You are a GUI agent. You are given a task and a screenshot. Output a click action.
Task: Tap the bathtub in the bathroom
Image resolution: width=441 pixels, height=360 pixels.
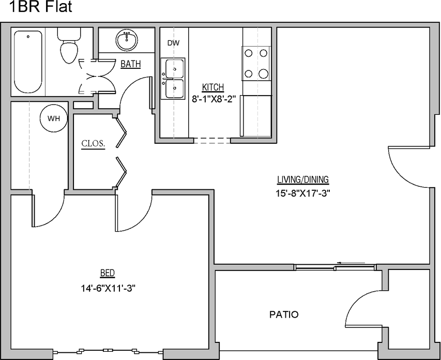click(28, 61)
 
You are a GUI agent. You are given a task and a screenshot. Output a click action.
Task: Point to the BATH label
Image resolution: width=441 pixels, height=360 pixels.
click(130, 65)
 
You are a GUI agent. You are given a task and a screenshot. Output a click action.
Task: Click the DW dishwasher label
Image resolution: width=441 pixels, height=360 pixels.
click(173, 43)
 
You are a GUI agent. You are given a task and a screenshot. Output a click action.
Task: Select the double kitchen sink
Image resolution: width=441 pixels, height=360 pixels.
click(174, 79)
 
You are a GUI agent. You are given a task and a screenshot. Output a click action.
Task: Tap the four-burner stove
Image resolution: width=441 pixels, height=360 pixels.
click(256, 63)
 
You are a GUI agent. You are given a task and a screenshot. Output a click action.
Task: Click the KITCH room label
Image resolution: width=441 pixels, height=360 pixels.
click(212, 87)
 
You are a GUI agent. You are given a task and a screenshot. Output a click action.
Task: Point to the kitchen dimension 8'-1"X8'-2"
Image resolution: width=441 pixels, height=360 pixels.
click(214, 99)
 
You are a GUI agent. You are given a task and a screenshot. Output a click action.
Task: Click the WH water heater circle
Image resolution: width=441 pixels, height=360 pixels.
click(54, 118)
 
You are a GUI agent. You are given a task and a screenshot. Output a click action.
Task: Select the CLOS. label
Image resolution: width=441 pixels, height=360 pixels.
click(94, 144)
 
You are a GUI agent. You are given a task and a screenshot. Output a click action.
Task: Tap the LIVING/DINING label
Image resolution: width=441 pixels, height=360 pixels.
click(303, 180)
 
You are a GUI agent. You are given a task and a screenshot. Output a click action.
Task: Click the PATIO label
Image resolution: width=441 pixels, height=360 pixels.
click(284, 314)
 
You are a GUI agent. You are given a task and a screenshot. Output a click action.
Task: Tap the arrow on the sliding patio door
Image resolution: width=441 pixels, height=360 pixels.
click(341, 263)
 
